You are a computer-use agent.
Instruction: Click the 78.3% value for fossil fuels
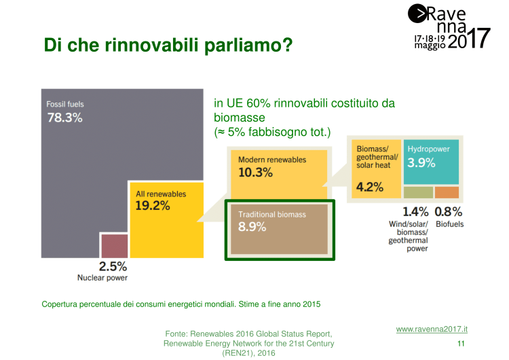tap(64, 118)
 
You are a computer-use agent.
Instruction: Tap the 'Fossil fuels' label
tap(65, 104)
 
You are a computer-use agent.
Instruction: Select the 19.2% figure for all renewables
tap(153, 206)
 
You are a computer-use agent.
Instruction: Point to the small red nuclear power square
tap(114, 245)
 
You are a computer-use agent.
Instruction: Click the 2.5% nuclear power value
tap(113, 266)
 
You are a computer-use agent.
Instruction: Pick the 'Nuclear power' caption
tap(102, 277)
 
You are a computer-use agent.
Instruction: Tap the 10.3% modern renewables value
tap(256, 173)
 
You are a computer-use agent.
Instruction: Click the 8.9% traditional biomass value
tap(252, 227)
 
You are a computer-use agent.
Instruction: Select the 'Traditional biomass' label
tap(272, 215)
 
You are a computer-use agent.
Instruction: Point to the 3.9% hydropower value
tap(421, 162)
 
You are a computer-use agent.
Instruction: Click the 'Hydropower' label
tap(428, 148)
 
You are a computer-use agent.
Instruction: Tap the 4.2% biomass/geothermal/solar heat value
tap(370, 187)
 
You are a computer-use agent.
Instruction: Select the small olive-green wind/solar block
tap(417, 192)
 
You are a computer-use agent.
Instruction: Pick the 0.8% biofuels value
tap(449, 211)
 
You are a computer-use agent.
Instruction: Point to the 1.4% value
tap(416, 211)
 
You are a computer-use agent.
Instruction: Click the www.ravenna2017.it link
tap(432, 329)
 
